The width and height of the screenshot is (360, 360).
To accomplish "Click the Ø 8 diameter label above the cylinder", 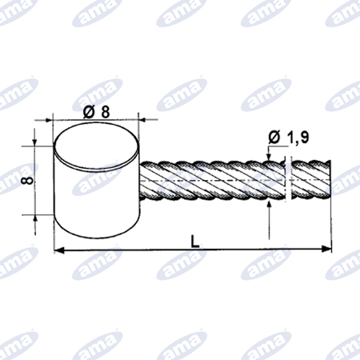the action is coord(97,112).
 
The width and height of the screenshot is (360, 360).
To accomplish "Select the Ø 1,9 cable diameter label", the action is coord(289,138).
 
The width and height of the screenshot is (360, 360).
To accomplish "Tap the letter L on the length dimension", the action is coord(195,242).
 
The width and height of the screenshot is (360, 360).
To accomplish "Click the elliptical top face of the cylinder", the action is coord(96,146).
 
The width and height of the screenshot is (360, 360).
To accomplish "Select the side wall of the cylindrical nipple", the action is coord(96,200).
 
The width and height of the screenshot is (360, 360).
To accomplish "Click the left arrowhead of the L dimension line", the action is coord(59,250).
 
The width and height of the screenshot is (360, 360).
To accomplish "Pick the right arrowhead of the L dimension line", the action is coord(326,250).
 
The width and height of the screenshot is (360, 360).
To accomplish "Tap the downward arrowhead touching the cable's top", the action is coord(269,157).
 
